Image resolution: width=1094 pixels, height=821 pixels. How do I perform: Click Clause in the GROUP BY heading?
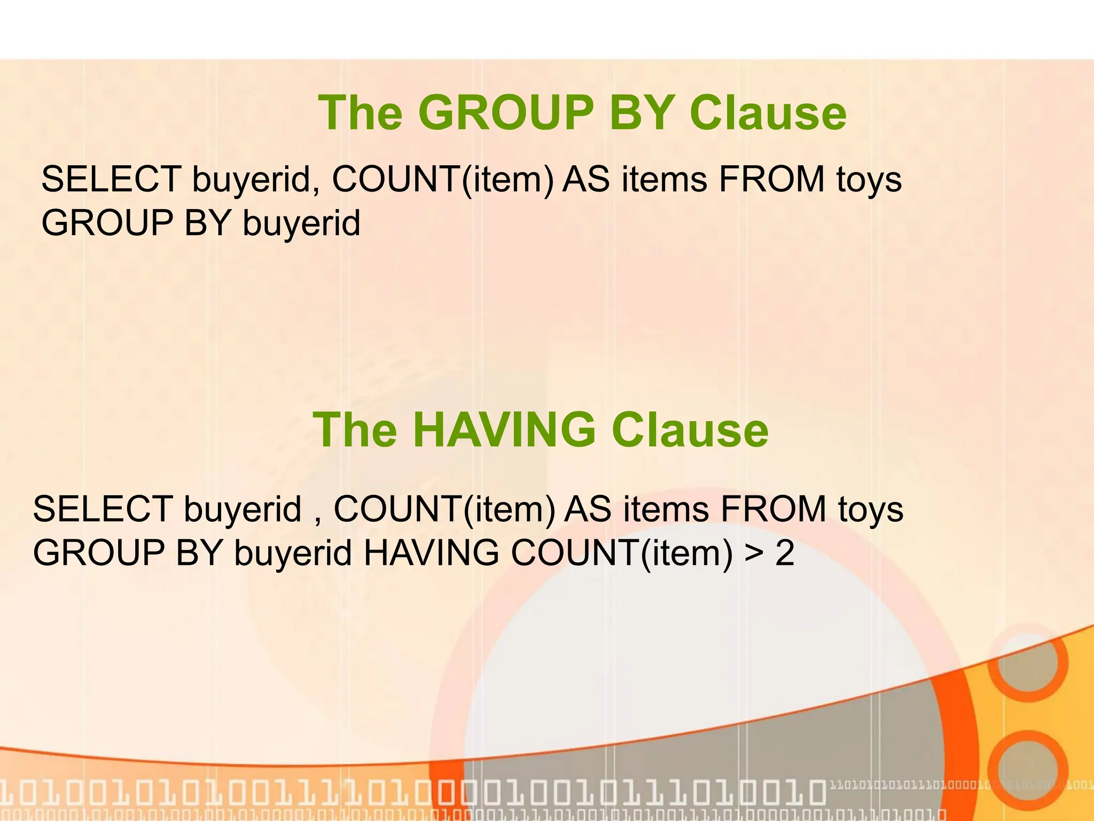768,113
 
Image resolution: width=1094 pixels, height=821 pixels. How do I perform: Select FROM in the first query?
771,179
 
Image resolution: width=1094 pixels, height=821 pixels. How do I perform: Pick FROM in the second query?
773,508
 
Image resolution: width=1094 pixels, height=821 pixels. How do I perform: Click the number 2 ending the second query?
784,553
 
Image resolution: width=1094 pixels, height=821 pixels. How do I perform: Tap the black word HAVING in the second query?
431,553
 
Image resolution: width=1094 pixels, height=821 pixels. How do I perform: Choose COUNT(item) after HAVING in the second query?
622,553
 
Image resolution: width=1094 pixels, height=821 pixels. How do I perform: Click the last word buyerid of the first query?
301,223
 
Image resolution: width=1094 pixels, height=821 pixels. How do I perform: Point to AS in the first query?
586,179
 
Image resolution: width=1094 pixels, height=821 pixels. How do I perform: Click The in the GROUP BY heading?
360,113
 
